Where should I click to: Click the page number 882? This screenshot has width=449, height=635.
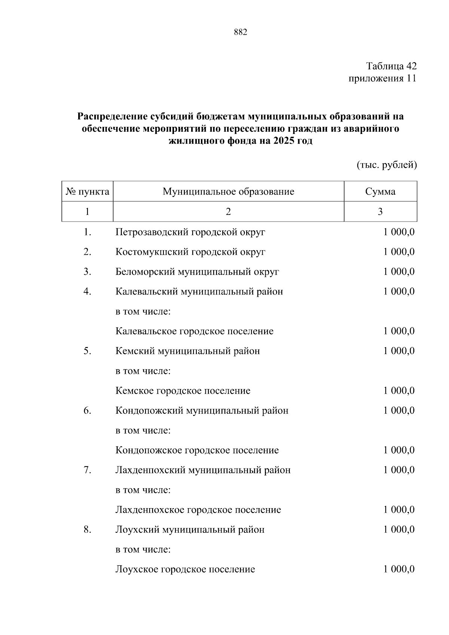pos(240,33)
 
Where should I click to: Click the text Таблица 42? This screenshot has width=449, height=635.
pos(391,66)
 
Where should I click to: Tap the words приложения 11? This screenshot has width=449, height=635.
pos(382,79)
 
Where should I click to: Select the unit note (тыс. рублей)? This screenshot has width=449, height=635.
pos(387,165)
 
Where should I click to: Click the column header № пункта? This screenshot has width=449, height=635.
pos(88,192)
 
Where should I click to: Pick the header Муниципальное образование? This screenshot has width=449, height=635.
pos(228,192)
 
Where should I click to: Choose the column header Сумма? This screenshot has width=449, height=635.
pos(380,192)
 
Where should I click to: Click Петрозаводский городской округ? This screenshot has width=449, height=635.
pos(190,232)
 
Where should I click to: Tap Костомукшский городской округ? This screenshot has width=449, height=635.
pos(190,252)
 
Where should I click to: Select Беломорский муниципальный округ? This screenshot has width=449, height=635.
pos(197,272)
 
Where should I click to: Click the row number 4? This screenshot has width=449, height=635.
pos(87,291)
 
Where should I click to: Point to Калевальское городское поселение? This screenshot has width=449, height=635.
pos(194,332)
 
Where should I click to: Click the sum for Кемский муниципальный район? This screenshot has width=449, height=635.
pos(399,351)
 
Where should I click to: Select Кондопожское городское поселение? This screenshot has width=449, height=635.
pos(197,450)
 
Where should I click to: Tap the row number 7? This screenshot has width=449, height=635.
pos(87,470)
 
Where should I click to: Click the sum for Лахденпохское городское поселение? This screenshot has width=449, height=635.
pos(399,510)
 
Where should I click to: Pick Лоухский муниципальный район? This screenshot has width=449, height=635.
pos(190,530)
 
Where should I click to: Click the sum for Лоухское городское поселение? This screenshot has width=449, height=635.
pos(399,570)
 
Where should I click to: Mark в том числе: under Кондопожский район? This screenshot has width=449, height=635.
pos(143,431)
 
